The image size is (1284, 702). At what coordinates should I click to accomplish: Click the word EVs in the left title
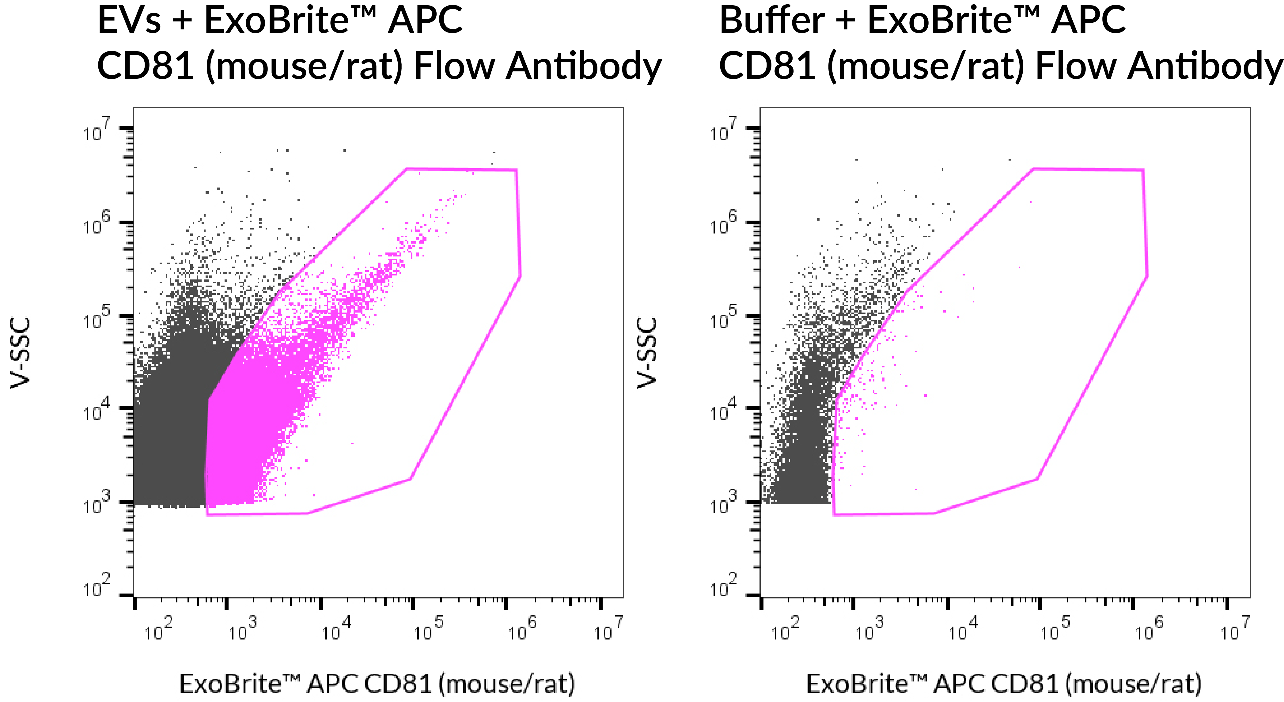pyautogui.click(x=129, y=21)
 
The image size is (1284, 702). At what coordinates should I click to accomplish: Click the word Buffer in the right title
pyautogui.click(x=772, y=21)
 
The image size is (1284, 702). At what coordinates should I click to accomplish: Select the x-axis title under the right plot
pyautogui.click(x=1003, y=684)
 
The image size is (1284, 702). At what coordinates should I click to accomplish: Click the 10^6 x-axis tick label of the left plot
pyautogui.click(x=522, y=629)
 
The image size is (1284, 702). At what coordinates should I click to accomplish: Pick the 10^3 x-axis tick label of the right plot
pyautogui.click(x=869, y=629)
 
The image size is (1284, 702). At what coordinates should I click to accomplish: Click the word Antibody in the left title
pyautogui.click(x=583, y=66)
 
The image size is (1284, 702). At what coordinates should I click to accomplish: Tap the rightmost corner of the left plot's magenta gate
pyautogui.click(x=520, y=276)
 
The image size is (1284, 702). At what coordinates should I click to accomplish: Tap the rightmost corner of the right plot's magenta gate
pyautogui.click(x=1147, y=276)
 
